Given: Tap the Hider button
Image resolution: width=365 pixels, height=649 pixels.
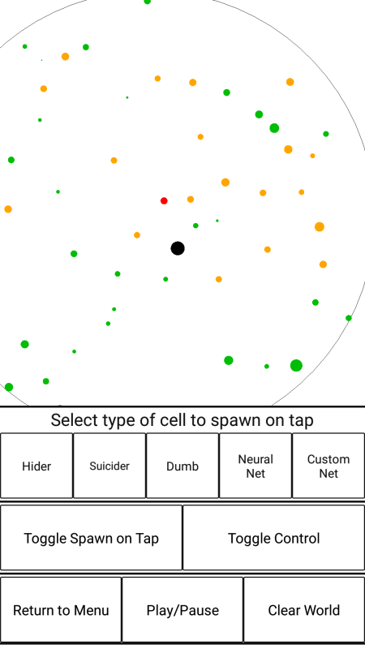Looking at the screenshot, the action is pyautogui.click(x=36, y=466).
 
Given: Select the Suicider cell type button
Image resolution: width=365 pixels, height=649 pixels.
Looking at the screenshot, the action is pyautogui.click(x=109, y=466).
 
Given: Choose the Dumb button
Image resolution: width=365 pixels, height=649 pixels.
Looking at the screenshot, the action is pyautogui.click(x=182, y=466).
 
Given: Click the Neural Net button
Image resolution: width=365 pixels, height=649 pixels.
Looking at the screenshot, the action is pyautogui.click(x=255, y=466).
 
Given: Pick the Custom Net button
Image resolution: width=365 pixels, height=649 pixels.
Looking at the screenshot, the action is pyautogui.click(x=328, y=466).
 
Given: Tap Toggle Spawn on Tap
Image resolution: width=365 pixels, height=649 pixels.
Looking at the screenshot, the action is pyautogui.click(x=91, y=538).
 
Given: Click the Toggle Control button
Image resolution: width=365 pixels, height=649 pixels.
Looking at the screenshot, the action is pyautogui.click(x=274, y=538).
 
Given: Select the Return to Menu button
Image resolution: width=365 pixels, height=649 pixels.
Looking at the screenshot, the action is pyautogui.click(x=61, y=610).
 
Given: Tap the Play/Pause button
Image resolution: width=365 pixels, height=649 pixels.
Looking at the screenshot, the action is pyautogui.click(x=182, y=610).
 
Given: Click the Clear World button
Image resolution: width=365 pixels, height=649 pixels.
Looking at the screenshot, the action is pyautogui.click(x=304, y=610).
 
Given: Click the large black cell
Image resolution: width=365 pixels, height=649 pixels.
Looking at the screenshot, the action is pyautogui.click(x=178, y=248).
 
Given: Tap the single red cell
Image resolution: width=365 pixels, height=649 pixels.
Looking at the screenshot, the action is pyautogui.click(x=164, y=200).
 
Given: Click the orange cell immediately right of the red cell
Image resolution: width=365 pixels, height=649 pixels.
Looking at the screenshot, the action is pyautogui.click(x=191, y=199).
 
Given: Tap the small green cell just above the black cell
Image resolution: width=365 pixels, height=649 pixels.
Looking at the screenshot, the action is pyautogui.click(x=195, y=226).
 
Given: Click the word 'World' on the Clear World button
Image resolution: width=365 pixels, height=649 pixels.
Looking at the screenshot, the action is pyautogui.click(x=321, y=610).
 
